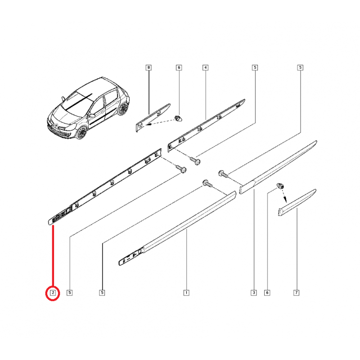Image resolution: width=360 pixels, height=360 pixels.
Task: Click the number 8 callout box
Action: [148, 68]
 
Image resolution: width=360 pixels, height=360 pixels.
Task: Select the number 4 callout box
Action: [205, 68]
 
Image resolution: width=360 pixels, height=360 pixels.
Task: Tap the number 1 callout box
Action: [186, 293]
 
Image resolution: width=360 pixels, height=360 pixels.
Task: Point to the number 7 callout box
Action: [296, 293]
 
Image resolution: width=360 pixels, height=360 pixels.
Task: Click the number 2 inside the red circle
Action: [53, 293]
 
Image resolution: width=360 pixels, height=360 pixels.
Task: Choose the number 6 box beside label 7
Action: [267, 293]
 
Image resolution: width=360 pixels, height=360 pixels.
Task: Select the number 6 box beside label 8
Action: [179, 68]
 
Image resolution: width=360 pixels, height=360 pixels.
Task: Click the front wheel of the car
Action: [81, 132]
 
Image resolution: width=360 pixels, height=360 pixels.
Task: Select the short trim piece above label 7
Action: [297, 201]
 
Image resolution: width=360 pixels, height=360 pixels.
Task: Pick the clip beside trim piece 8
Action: [178, 118]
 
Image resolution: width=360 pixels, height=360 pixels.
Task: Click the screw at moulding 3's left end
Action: [221, 173]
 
